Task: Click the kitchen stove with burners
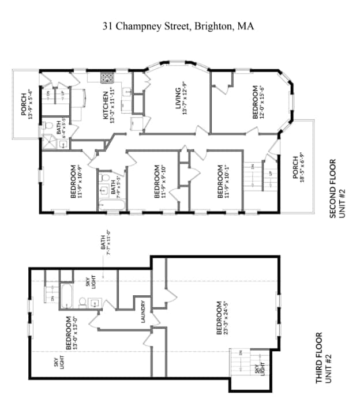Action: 107,77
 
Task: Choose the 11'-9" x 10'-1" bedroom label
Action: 223,182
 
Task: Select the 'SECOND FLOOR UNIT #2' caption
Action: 336,188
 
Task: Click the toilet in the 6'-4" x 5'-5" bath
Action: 49,125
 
